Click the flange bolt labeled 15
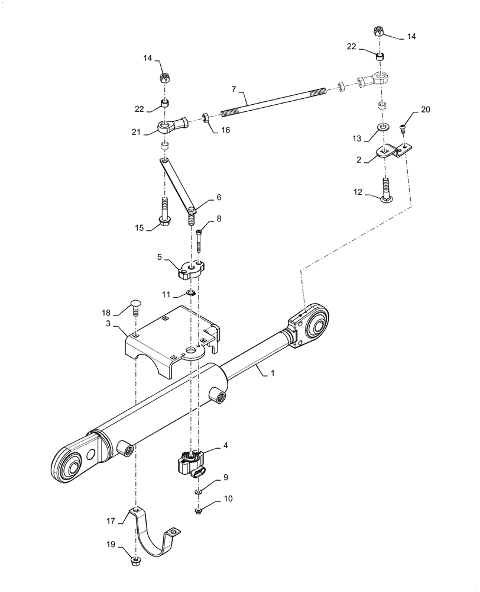[x=164, y=214]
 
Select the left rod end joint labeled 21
[x=170, y=125]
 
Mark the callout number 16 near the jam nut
[x=226, y=130]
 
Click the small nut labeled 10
[x=199, y=510]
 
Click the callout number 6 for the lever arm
[x=202, y=197]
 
